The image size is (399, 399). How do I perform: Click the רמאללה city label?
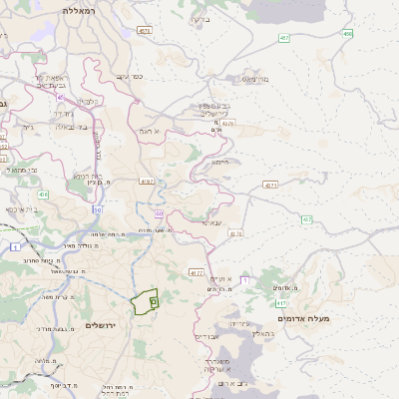pyautogui.click(x=76, y=10)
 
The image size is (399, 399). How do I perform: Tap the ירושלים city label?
pyautogui.click(x=102, y=326)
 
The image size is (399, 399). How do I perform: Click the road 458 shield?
pyautogui.click(x=347, y=34)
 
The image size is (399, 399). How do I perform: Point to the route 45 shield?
pyautogui.click(x=98, y=208)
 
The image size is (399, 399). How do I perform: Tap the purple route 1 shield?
pyautogui.click(x=244, y=280)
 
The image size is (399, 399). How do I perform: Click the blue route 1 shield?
pyautogui.click(x=15, y=246)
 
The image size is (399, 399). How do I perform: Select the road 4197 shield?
pyautogui.click(x=148, y=182)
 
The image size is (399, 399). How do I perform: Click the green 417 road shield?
pyautogui.click(x=282, y=303)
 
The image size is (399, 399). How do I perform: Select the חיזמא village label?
pyautogui.click(x=220, y=162)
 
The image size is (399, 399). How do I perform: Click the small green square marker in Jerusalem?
pyautogui.click(x=153, y=298)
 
